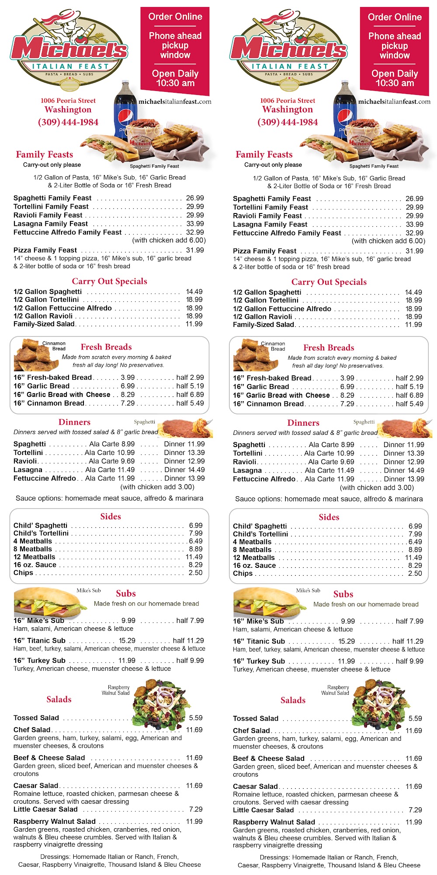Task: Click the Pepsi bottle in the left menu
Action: tap(124, 109)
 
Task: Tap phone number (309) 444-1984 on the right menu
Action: tap(288, 122)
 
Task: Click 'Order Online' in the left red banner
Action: tap(175, 17)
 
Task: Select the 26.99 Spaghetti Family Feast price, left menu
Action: tap(195, 198)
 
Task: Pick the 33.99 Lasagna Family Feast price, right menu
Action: tap(414, 224)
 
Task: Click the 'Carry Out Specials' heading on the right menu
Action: tap(329, 282)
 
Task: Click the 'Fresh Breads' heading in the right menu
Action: tap(329, 347)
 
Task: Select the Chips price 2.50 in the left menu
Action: tap(195, 572)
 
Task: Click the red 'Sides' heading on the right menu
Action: tap(329, 517)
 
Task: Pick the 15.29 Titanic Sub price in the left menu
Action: tap(127, 640)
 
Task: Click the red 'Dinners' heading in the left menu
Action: tap(74, 422)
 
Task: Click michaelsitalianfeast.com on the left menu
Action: tap(175, 101)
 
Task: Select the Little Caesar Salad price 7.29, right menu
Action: tap(415, 810)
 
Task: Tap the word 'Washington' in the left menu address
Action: tap(68, 109)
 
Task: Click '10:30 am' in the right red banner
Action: tap(395, 83)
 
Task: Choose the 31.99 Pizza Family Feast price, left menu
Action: tap(195, 250)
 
